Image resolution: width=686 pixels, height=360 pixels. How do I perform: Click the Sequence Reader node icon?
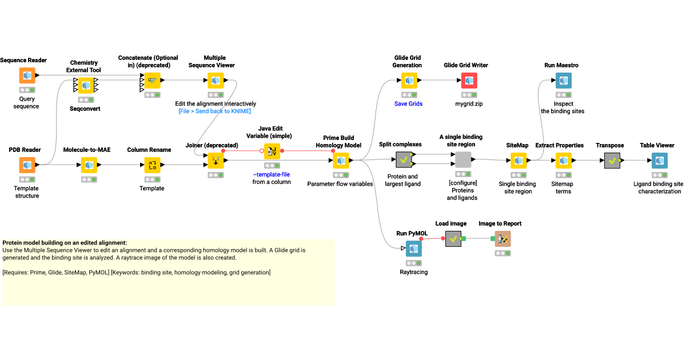click(x=27, y=75)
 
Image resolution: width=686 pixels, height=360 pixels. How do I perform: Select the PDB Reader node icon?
click(x=27, y=165)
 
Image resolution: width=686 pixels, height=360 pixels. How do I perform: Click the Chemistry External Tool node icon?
click(x=86, y=85)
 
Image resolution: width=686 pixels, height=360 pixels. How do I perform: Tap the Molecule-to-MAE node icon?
click(x=88, y=165)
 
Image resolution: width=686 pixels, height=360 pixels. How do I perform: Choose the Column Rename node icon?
click(x=152, y=165)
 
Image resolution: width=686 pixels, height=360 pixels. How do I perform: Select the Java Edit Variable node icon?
click(x=272, y=151)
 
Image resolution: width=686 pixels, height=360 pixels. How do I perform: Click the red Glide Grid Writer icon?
click(x=469, y=81)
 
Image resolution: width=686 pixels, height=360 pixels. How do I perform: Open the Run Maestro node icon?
click(x=563, y=81)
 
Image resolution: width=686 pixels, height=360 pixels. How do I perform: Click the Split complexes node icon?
click(x=404, y=160)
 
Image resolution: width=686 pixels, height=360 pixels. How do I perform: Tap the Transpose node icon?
click(x=612, y=161)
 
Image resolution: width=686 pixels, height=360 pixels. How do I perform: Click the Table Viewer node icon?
click(x=659, y=161)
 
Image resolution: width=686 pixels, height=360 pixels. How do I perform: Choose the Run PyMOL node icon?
click(x=413, y=249)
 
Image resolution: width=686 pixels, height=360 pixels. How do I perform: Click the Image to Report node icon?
click(x=502, y=239)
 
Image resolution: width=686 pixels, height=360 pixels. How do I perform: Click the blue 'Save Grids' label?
click(x=408, y=104)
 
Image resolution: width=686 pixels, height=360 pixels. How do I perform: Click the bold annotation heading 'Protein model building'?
click(x=65, y=243)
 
